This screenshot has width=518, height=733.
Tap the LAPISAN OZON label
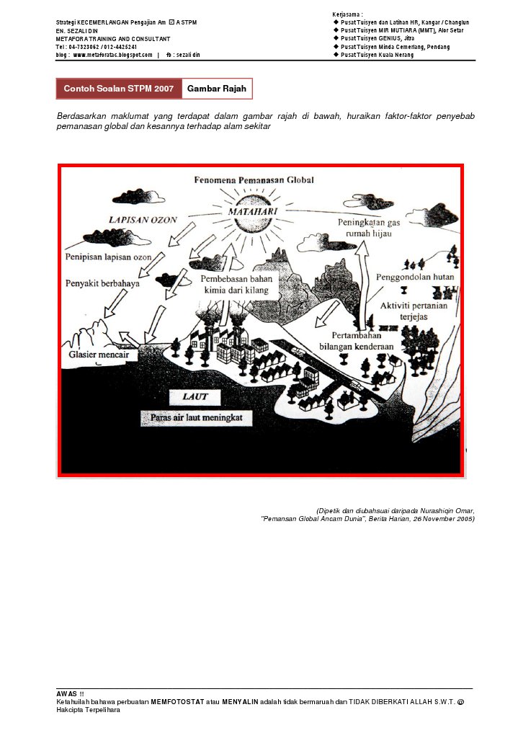coord(142,221)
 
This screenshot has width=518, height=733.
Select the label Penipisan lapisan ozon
coord(108,257)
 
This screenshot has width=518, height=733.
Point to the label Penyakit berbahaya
coord(102,283)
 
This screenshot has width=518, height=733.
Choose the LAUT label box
coord(195,396)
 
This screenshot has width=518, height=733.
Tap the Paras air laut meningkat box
coord(196,417)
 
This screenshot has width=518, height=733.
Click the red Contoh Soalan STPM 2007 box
coord(119,89)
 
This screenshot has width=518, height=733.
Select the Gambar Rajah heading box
coord(217,89)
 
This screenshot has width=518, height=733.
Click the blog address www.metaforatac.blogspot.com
coord(112,55)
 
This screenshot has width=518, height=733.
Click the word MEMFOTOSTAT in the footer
coord(177,701)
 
